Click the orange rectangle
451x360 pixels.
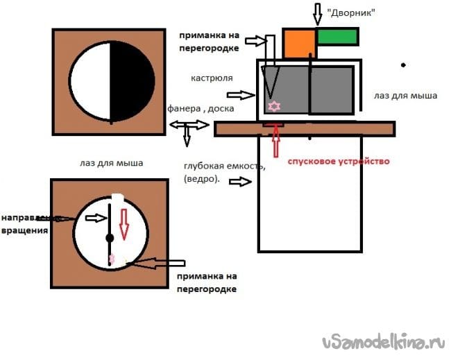300,44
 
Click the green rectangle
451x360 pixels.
337,36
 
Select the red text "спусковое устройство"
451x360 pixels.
339,161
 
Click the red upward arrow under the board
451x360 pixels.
276,142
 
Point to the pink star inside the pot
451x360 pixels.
274,106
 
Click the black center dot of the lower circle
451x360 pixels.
109,238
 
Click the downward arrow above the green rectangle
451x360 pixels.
317,12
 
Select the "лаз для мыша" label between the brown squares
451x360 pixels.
111,164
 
